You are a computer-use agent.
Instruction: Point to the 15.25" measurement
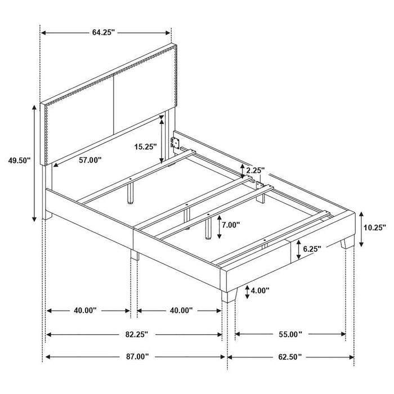tap(145, 147)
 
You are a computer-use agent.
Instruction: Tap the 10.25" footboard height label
tap(374, 228)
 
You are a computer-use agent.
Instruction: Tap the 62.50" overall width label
tap(289, 356)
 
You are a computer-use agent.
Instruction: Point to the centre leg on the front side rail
tap(134, 254)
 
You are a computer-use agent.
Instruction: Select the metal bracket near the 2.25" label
tap(259, 185)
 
